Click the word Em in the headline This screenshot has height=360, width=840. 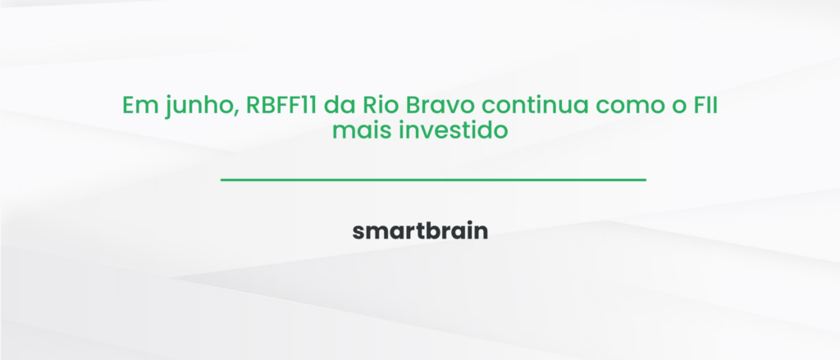(137, 106)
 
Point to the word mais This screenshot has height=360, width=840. (357, 130)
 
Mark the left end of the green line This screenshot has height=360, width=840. (222, 179)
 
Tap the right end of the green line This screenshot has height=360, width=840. (645, 179)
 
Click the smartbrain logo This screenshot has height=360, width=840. (420, 230)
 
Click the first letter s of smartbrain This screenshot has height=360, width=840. (358, 232)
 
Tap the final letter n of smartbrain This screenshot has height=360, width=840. (482, 232)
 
